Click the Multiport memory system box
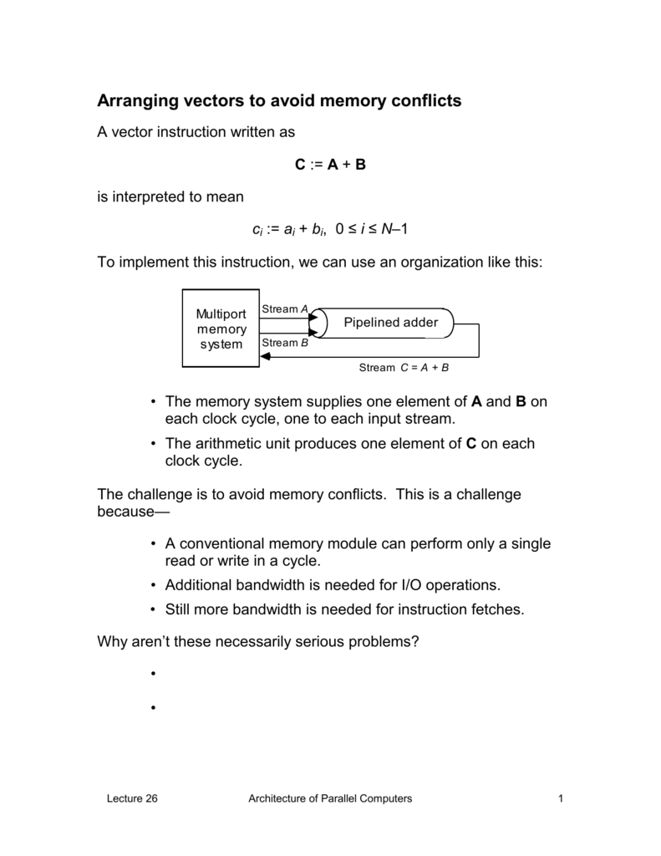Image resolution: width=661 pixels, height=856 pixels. tap(221, 329)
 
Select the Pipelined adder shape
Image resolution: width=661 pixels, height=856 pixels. tap(385, 323)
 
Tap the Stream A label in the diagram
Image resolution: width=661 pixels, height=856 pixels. tap(285, 309)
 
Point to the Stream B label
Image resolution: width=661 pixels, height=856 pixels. tap(285, 343)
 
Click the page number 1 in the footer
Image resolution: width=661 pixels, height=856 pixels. tap(562, 799)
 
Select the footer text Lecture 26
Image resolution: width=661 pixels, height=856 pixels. tap(132, 799)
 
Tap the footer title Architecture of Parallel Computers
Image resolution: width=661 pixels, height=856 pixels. tap(330, 799)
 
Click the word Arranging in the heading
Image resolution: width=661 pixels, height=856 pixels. tap(140, 102)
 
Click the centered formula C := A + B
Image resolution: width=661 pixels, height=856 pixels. tap(330, 165)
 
